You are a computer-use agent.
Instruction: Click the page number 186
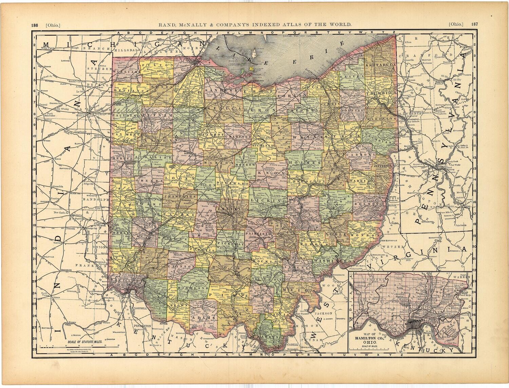(34, 25)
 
